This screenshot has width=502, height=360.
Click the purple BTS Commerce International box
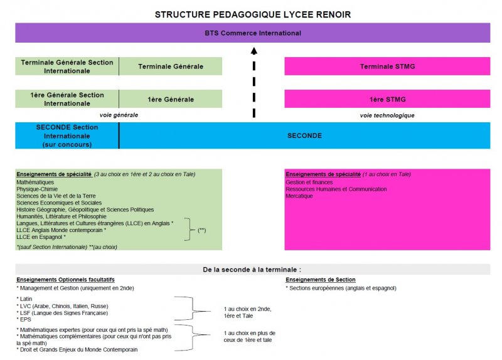pyautogui.click(x=252, y=33)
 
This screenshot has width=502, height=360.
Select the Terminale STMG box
pyautogui.click(x=387, y=66)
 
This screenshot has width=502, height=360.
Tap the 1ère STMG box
pyautogui.click(x=387, y=99)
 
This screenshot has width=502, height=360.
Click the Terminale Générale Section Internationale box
pyautogui.click(x=67, y=66)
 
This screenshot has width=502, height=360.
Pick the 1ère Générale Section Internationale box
pyautogui.click(x=67, y=99)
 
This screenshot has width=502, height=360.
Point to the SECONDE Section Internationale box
pyautogui.click(x=67, y=135)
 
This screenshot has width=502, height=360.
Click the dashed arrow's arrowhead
pyautogui.click(x=254, y=51)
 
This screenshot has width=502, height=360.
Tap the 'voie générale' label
pyautogui.click(x=119, y=115)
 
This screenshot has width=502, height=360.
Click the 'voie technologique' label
pyautogui.click(x=387, y=115)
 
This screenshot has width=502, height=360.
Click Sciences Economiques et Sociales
pyautogui.click(x=59, y=203)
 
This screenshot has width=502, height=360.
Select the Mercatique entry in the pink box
pyautogui.click(x=299, y=196)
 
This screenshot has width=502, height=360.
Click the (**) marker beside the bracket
pyautogui.click(x=202, y=231)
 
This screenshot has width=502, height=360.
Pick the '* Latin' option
pyautogui.click(x=26, y=299)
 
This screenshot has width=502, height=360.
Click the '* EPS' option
pyautogui.click(x=24, y=319)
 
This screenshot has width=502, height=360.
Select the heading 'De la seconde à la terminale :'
pyautogui.click(x=252, y=269)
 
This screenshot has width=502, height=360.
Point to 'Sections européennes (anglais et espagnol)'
pyautogui.click(x=343, y=288)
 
